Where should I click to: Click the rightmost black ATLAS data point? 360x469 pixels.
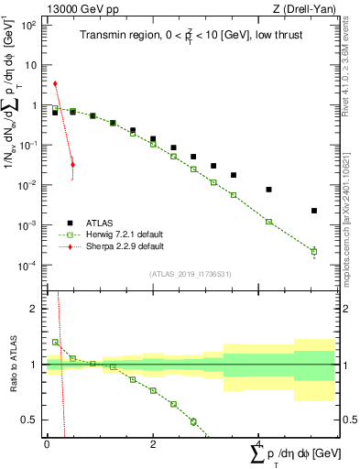(313, 211)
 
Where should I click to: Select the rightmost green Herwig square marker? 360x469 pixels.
(313, 251)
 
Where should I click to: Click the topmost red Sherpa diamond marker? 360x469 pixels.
(55, 83)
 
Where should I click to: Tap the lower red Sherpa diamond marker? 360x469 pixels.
(72, 165)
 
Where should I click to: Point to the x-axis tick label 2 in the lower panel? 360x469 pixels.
(153, 443)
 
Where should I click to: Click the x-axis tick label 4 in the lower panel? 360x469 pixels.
(259, 443)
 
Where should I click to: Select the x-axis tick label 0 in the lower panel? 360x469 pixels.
(47, 443)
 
